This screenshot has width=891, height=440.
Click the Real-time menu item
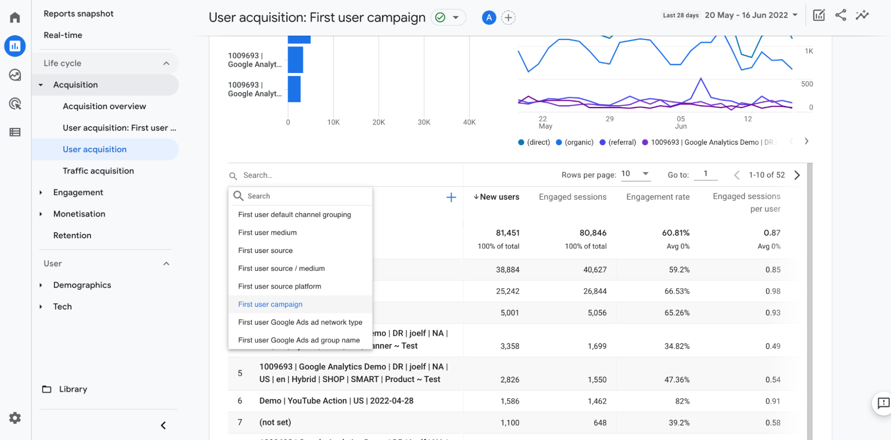(63, 35)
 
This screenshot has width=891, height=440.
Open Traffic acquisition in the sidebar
(98, 171)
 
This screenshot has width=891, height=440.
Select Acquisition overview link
(104, 106)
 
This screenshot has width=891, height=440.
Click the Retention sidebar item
(72, 236)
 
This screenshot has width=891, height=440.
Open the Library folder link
(73, 389)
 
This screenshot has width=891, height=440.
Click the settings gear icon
(15, 418)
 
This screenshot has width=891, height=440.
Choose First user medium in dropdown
(267, 232)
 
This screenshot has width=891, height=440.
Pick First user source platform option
(279, 286)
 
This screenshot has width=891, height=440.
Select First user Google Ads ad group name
(299, 340)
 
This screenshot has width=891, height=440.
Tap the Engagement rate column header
(657, 197)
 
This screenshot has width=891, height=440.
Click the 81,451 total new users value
(507, 233)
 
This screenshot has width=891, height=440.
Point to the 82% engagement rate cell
(682, 401)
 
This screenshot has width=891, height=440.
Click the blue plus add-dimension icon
(451, 197)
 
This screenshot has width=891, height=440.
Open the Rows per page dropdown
(636, 174)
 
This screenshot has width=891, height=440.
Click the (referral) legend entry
(618, 143)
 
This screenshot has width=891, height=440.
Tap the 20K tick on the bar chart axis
(378, 122)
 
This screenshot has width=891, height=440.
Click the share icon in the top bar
(841, 15)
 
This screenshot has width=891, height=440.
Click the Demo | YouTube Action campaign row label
(336, 401)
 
